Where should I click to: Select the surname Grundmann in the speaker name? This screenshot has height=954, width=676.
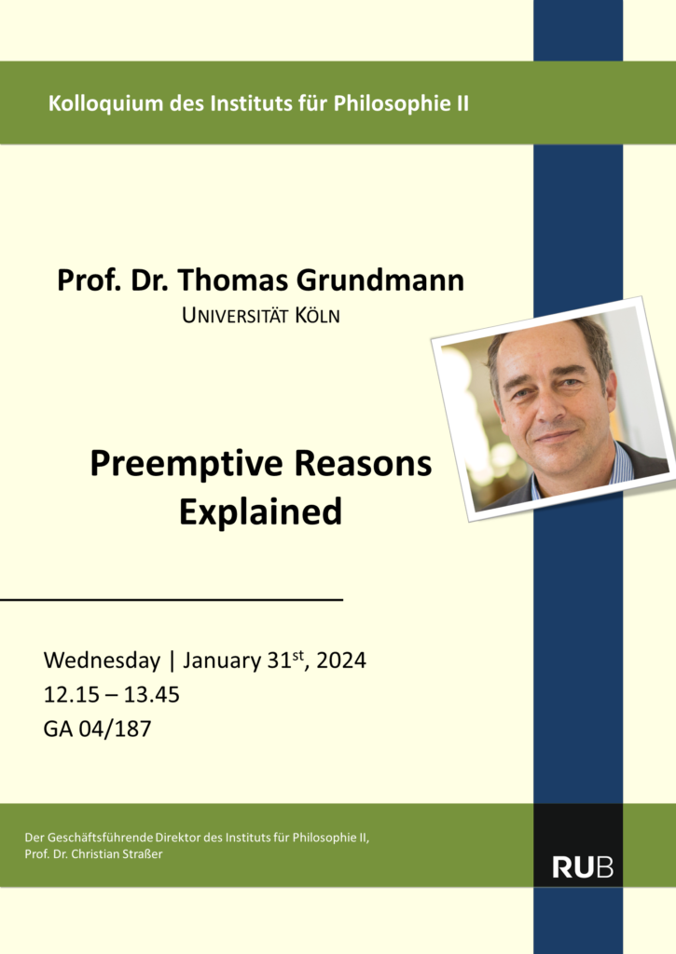(x=380, y=280)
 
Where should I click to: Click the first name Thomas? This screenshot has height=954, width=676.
(x=233, y=280)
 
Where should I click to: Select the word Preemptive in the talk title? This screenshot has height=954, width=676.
(x=186, y=465)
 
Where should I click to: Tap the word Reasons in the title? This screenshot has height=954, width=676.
(x=363, y=464)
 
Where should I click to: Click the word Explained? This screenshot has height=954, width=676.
(x=261, y=512)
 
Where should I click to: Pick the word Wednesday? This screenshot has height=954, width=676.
(x=102, y=661)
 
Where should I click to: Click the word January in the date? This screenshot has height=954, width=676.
(x=222, y=661)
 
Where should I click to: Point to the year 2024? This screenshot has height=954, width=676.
(x=341, y=661)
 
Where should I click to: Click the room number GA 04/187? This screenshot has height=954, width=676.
(x=98, y=729)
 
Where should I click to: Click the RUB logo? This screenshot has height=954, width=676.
(x=583, y=867)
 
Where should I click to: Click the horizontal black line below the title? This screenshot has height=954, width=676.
(x=172, y=600)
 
